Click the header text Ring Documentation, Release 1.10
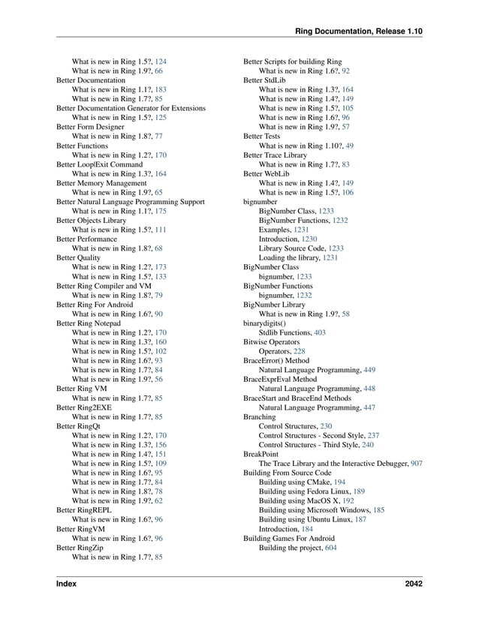coord(359,31)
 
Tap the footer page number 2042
coord(412,584)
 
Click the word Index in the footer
coord(66,584)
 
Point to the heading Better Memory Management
coord(101,183)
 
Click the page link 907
coord(415,464)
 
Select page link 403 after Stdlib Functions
coord(320,331)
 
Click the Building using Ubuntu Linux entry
coord(306,519)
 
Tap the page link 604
coord(331,547)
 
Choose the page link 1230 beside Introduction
coord(309,239)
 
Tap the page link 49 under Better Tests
coord(350,146)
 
